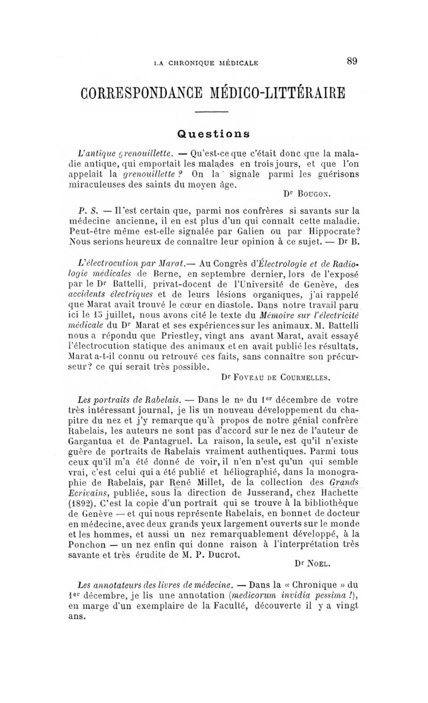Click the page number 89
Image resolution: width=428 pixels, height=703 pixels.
click(x=351, y=62)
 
